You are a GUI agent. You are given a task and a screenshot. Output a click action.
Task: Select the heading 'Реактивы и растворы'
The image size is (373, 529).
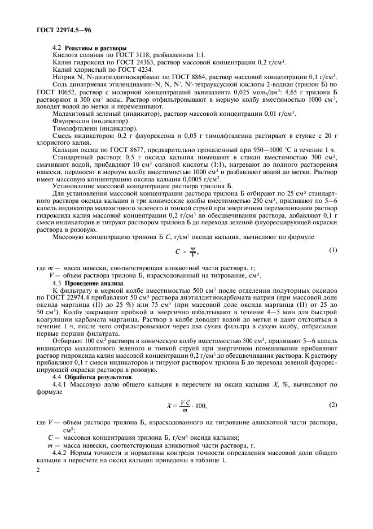95,48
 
